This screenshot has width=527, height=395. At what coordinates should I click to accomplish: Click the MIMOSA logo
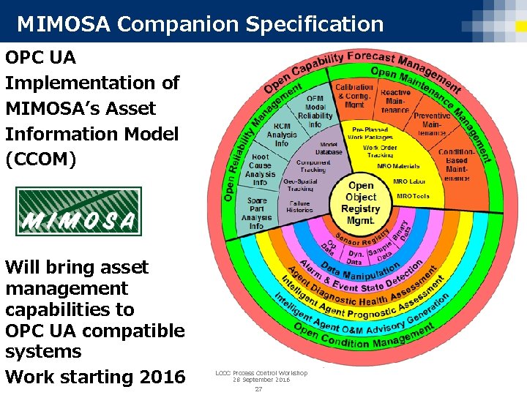coord(78,212)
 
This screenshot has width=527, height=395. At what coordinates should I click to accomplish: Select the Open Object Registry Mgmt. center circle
coord(361,203)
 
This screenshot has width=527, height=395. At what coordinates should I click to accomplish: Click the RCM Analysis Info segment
coord(282,135)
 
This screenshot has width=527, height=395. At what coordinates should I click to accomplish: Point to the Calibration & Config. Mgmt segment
coord(354,96)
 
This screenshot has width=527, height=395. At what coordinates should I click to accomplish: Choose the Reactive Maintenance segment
coord(395,101)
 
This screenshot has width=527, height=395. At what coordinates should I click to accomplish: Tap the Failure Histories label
coord(299,207)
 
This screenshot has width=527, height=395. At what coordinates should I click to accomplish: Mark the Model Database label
coord(329,148)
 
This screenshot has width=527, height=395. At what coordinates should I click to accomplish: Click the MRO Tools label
coord(413,197)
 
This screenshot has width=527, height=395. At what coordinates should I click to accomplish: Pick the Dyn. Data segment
coord(356,257)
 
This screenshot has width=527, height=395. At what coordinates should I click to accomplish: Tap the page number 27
coord(258,388)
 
